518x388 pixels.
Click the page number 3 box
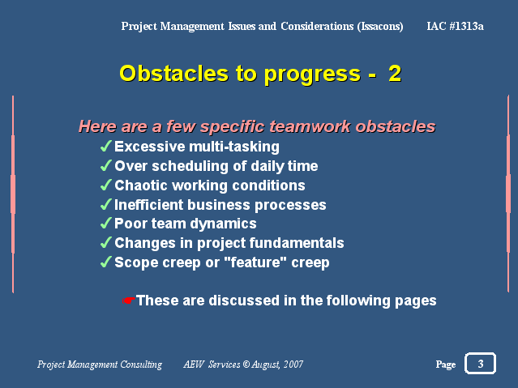click(480, 363)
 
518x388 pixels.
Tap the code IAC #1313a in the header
click(455, 26)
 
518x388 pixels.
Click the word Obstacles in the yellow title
click(173, 73)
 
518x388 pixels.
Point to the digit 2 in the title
click(395, 74)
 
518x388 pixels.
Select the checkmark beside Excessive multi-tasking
click(105, 146)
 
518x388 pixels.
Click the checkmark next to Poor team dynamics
click(105, 224)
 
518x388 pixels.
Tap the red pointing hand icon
click(129, 301)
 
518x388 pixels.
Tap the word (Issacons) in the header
click(380, 26)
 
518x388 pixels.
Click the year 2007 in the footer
click(293, 364)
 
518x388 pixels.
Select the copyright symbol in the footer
click(246, 364)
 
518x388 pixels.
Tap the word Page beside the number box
click(446, 365)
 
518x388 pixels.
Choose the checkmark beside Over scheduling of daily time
click(105, 165)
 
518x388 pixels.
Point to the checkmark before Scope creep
click(105, 262)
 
